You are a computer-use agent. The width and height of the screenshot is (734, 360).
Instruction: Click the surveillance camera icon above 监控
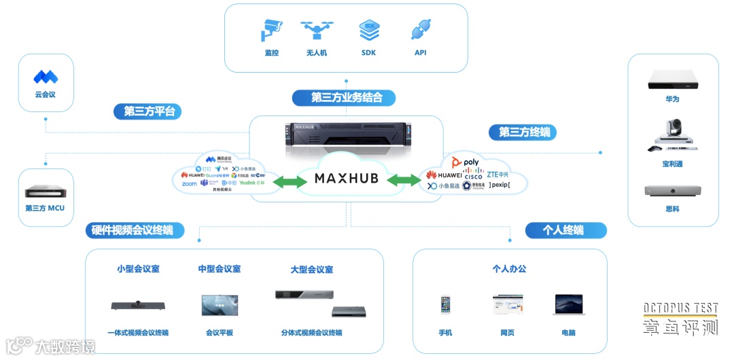click(272, 31)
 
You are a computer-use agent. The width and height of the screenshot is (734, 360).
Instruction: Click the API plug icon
click(421, 31)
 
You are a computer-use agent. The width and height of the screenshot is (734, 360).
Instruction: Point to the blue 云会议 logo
click(46, 76)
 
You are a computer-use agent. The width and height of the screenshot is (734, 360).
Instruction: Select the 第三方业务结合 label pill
click(347, 97)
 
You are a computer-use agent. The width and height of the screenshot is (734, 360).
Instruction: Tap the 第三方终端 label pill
click(524, 132)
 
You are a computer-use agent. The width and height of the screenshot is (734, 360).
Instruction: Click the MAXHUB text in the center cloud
click(346, 179)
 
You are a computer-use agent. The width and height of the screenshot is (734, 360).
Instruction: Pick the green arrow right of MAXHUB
click(404, 180)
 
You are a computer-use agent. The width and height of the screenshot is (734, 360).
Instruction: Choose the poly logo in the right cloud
click(466, 162)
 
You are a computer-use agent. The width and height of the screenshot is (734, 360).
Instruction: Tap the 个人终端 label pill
click(565, 230)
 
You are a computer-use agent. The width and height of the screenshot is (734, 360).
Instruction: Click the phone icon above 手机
click(446, 305)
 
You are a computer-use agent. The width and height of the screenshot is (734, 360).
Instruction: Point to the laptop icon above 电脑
click(568, 304)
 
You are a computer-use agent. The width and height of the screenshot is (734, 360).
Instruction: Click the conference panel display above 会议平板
click(220, 305)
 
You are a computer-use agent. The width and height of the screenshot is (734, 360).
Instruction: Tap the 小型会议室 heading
click(138, 269)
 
